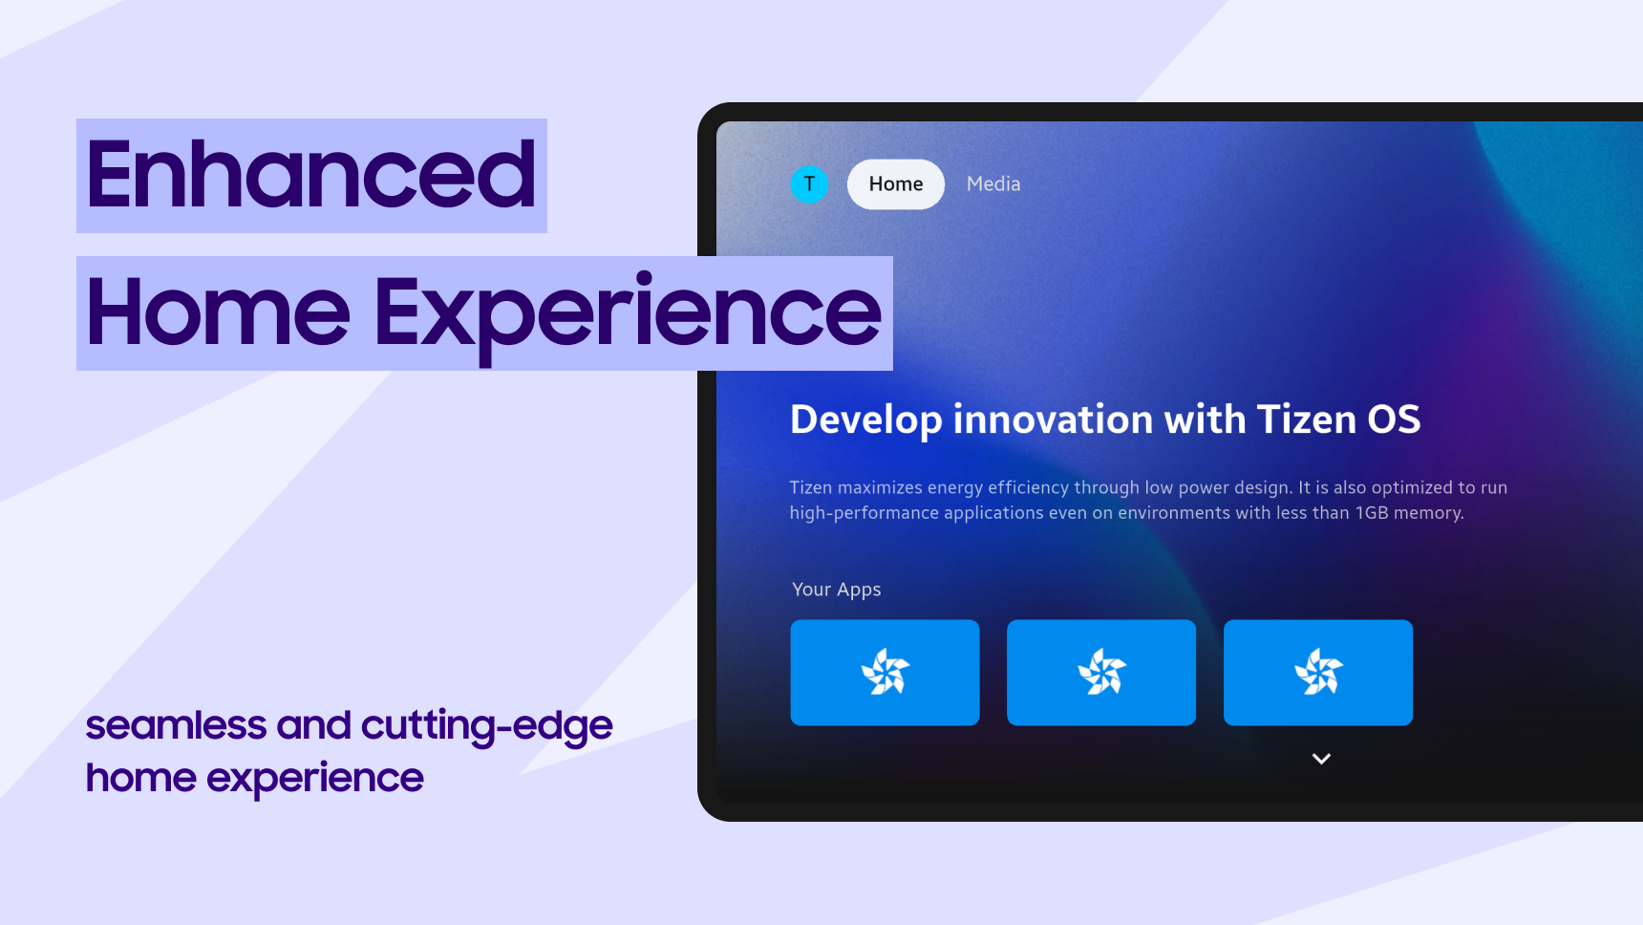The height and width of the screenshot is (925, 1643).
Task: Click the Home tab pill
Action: coord(896,184)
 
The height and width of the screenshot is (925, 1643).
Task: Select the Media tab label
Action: coord(993,183)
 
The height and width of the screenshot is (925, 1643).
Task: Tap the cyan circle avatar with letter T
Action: coord(809,184)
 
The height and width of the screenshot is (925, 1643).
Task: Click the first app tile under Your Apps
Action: coord(885,673)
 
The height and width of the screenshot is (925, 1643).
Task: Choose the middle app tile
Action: coord(1101,673)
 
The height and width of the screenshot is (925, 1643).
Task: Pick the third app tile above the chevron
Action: coord(1318,673)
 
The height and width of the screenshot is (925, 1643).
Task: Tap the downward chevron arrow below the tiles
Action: coord(1321,759)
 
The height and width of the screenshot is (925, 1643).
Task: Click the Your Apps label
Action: coord(837,590)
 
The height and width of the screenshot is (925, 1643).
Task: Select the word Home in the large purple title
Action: coord(219,312)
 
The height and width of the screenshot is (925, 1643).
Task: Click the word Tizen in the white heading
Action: coord(1306,419)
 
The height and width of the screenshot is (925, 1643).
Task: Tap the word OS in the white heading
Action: coord(1395,419)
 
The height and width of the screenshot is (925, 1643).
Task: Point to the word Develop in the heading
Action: coord(866,420)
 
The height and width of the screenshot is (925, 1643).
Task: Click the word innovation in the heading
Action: coord(1053,419)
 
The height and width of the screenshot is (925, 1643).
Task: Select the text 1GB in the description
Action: coord(1372,513)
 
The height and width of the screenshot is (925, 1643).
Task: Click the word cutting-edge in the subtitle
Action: coord(487,727)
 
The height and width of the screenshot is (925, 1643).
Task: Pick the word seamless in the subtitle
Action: coord(176,725)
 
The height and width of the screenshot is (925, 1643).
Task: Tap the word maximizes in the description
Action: coord(880,487)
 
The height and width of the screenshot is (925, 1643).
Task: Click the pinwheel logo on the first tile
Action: coord(886,672)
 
